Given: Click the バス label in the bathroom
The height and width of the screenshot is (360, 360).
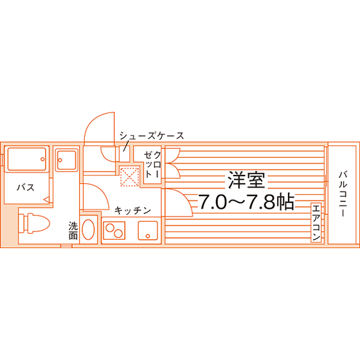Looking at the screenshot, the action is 26,188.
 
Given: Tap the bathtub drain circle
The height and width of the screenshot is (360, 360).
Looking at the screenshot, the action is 42,159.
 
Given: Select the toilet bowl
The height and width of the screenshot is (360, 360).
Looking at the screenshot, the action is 39,223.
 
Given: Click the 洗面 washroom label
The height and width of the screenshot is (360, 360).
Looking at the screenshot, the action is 73,231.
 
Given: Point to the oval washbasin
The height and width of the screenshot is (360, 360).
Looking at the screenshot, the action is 88,230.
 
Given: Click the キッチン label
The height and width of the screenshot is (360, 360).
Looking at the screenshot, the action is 132,211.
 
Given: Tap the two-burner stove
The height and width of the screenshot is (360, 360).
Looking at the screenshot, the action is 114,230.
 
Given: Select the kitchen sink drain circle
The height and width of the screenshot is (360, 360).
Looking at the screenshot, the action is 148,236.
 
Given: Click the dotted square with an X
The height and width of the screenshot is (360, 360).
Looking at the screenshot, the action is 130,177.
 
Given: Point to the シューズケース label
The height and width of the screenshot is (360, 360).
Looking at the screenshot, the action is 152,136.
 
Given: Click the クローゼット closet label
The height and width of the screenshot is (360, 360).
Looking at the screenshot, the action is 152,164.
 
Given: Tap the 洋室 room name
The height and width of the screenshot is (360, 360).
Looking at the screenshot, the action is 246,180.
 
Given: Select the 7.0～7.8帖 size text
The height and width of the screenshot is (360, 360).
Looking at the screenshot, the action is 246,202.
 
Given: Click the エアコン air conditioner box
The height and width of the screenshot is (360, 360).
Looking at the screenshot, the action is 316,222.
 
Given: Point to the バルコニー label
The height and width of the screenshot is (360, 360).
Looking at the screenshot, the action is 343,194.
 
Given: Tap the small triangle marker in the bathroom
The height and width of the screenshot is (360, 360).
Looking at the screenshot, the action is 46,199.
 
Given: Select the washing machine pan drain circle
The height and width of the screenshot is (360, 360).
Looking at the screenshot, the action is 60,160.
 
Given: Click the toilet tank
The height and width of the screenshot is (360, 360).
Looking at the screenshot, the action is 21,224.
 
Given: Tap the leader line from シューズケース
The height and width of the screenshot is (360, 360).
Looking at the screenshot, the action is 125,147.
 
